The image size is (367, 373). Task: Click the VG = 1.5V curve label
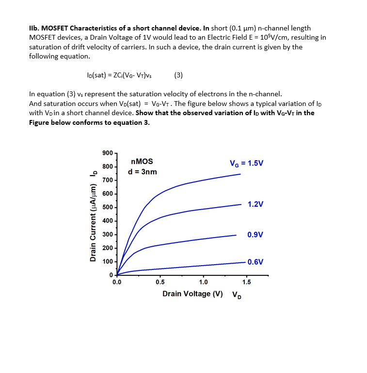pyautogui.click(x=246, y=163)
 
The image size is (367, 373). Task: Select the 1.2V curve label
pyautogui.click(x=255, y=204)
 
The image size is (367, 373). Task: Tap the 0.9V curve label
pyautogui.click(x=255, y=235)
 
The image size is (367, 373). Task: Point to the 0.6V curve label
pyautogui.click(x=255, y=262)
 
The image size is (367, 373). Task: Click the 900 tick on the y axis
pyautogui.click(x=108, y=153)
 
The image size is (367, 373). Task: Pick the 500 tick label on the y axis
pyautogui.click(x=108, y=208)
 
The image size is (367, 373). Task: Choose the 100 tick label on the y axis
pyautogui.click(x=108, y=262)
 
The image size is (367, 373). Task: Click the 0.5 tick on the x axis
pyautogui.click(x=160, y=282)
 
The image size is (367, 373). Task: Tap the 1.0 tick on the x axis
pyautogui.click(x=203, y=282)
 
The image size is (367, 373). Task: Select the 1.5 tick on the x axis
pyautogui.click(x=246, y=282)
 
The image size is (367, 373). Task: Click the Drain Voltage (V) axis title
pyautogui.click(x=192, y=294)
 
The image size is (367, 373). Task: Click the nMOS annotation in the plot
pyautogui.click(x=142, y=162)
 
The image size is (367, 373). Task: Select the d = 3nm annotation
pyautogui.click(x=142, y=172)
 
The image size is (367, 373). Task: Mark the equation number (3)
pyautogui.click(x=178, y=75)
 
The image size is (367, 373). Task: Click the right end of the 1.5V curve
pyautogui.click(x=240, y=174)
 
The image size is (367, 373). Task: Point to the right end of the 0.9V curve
pyautogui.click(x=236, y=235)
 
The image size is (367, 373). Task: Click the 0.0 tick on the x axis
pyautogui.click(x=117, y=282)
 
